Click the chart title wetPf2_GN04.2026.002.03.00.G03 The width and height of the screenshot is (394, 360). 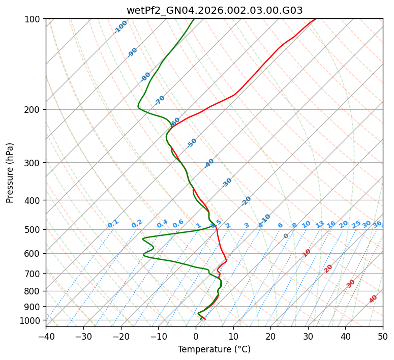tap(215, 10)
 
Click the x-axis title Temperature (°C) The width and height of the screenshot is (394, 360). tap(214, 350)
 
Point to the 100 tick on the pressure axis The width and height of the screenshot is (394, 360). tap(33, 19)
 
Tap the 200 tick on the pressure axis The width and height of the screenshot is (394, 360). tap(33, 110)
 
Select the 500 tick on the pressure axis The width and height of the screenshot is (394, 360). tap(33, 229)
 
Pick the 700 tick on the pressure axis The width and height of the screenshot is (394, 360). tap(33, 274)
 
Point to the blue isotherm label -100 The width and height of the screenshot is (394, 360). tap(120, 27)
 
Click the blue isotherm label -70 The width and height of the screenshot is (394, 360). tap(160, 100)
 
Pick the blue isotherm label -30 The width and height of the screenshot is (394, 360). tap(227, 183)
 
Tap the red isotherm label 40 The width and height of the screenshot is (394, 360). tap(373, 299)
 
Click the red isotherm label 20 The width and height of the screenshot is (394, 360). tap(328, 268)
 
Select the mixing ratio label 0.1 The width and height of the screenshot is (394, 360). tap(113, 224)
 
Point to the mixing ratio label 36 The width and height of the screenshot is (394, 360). tap(377, 224)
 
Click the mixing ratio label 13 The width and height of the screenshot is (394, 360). tap(320, 224)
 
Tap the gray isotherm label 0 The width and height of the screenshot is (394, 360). tap(286, 236)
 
